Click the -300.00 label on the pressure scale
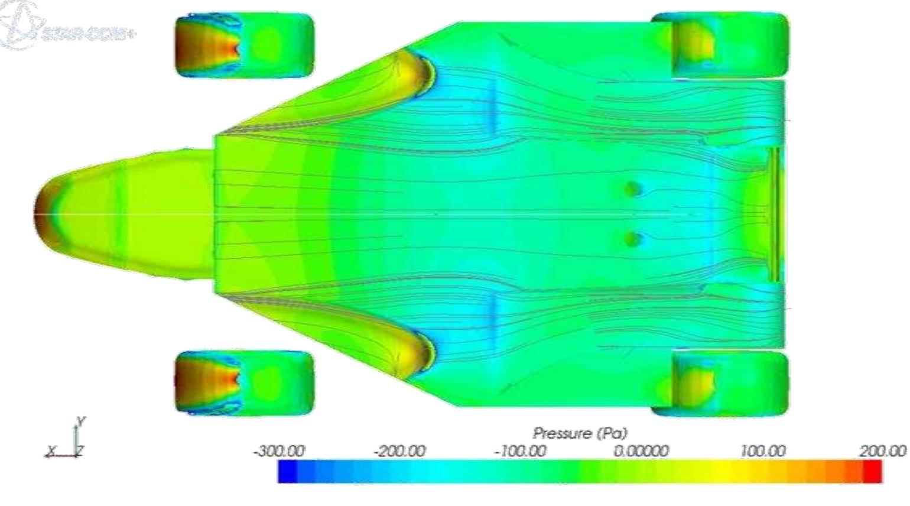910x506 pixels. (x=279, y=452)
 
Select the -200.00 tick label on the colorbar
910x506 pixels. (x=399, y=452)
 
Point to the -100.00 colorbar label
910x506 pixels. (x=521, y=452)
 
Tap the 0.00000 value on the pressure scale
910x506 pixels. (x=641, y=452)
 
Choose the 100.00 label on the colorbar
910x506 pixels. (x=763, y=452)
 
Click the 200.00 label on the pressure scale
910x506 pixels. (x=883, y=452)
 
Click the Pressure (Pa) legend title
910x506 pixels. (x=580, y=434)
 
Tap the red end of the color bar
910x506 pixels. (x=872, y=472)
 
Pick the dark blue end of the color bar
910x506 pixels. (x=288, y=472)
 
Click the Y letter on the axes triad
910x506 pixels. (x=82, y=421)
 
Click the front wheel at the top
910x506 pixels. (x=244, y=46)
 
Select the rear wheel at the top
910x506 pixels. (x=720, y=45)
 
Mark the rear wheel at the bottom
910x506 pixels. (x=720, y=382)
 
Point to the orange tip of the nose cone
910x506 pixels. (x=43, y=214)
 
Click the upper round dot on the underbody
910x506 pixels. (x=633, y=189)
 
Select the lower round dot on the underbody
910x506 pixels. (x=633, y=239)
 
